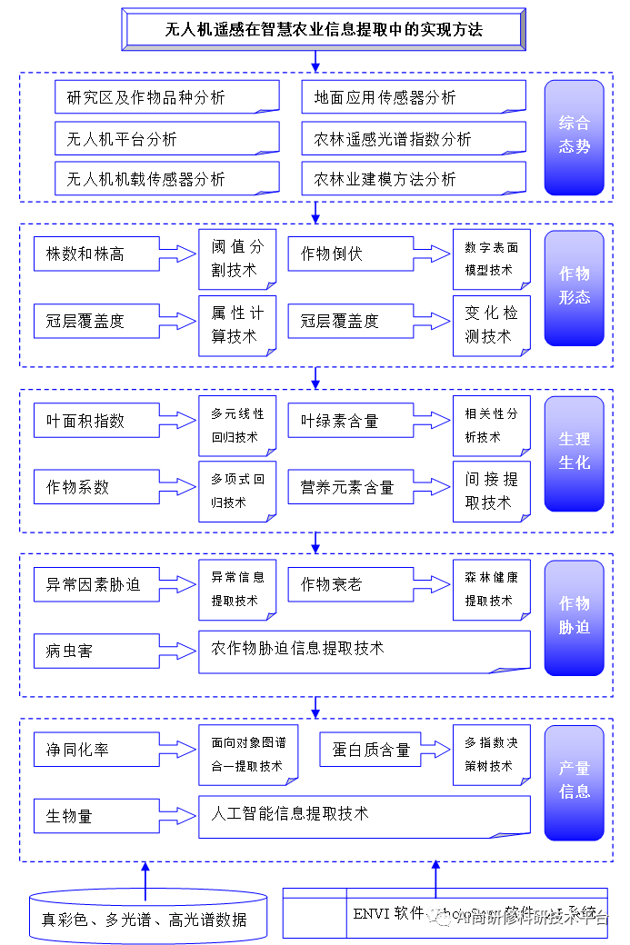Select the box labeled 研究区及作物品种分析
click(166, 97)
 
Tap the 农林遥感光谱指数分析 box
click(414, 139)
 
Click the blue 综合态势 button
click(574, 135)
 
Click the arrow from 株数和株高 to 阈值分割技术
click(179, 254)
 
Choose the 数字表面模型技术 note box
click(491, 259)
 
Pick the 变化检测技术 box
click(491, 324)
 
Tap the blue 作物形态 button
click(574, 286)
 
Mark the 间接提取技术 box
click(491, 491)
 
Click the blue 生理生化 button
click(574, 452)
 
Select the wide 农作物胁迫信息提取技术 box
click(364, 650)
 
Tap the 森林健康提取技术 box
click(491, 589)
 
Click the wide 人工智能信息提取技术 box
click(364, 815)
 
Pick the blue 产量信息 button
click(574, 780)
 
